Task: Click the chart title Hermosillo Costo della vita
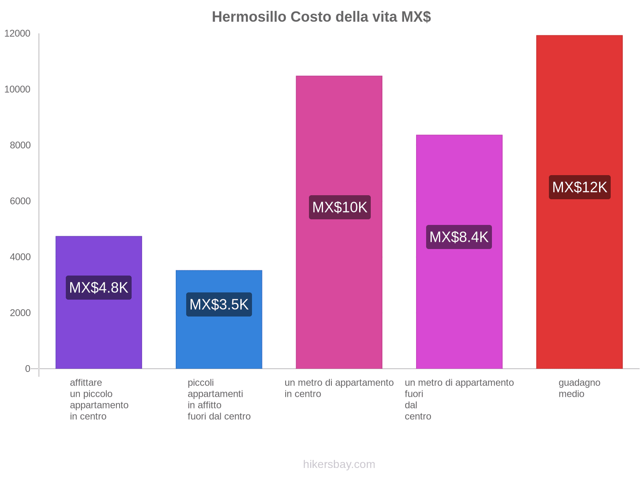pos(321,17)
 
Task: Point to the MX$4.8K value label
pos(99,288)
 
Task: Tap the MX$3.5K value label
pos(219,304)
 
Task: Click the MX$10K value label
pos(339,207)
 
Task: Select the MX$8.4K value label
pos(459,237)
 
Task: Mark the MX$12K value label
pos(579,187)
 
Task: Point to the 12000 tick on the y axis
pos(17,34)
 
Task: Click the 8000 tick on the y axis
pos(20,145)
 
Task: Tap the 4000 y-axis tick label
pos(20,257)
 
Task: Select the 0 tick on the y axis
pos(28,369)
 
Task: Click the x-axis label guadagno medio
pos(579,388)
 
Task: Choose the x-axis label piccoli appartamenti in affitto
pos(219,399)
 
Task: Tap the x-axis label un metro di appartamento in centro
pos(339,388)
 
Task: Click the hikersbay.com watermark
pos(339,464)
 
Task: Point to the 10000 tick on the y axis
pos(17,90)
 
